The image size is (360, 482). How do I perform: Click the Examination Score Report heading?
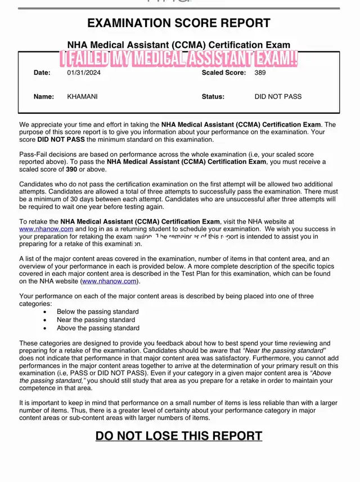[x=178, y=24]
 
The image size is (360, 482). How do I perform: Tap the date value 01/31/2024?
[x=84, y=73]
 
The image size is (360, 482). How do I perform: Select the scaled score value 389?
[x=260, y=73]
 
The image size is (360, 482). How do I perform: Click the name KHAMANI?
[x=82, y=96]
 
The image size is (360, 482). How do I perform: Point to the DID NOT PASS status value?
[x=278, y=96]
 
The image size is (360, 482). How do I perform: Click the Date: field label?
[x=42, y=73]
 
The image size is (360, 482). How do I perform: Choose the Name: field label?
[x=44, y=96]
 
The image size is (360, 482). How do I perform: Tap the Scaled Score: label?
[x=224, y=73]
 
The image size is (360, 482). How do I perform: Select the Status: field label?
[x=213, y=96]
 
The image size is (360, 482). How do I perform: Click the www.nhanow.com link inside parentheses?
[x=109, y=281]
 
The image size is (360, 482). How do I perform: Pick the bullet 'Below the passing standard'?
[x=97, y=311]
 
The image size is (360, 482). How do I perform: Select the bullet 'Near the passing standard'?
[x=96, y=319]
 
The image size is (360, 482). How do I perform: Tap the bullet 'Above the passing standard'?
[x=98, y=328]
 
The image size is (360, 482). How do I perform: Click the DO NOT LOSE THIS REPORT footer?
[x=178, y=435]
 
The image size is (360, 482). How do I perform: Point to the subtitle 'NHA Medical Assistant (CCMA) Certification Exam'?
[x=179, y=44]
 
